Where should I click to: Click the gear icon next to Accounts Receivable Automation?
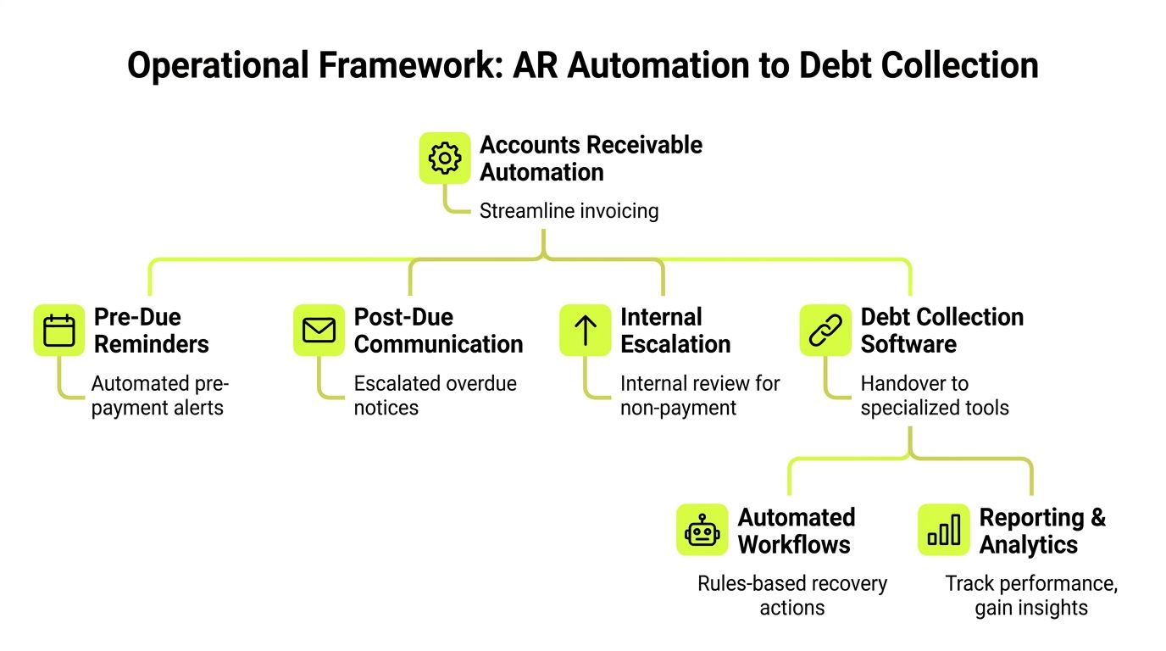click(445, 158)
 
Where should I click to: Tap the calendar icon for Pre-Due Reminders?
click(59, 330)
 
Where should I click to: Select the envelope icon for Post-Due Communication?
click(319, 330)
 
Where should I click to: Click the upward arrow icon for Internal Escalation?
click(585, 330)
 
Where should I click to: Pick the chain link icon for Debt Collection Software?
click(825, 330)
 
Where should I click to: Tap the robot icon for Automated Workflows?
click(702, 531)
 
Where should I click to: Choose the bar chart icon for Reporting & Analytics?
click(944, 531)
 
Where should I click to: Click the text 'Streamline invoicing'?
click(569, 211)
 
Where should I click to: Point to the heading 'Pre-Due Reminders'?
click(151, 331)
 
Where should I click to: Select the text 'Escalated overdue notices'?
click(435, 395)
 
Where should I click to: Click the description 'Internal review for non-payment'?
click(699, 395)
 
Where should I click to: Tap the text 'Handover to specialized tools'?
click(934, 395)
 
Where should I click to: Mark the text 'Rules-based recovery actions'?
click(791, 595)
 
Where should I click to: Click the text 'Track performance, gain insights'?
click(1030, 595)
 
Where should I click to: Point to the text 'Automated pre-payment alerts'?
click(159, 395)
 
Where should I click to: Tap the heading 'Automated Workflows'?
click(796, 531)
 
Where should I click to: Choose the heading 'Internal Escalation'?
click(675, 331)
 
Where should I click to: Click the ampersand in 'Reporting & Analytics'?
click(1097, 518)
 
